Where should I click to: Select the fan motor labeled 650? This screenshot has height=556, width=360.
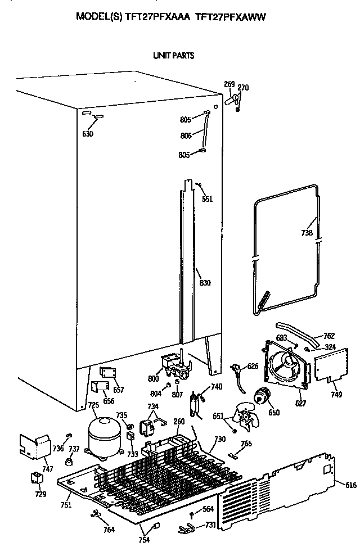[261, 398]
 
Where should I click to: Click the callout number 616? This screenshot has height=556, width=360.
[350, 485]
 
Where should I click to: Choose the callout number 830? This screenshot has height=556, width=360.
[205, 283]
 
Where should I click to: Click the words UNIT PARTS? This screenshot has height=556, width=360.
[174, 56]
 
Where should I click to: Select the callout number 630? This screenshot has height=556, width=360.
[87, 134]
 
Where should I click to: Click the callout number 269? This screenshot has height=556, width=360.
[229, 84]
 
